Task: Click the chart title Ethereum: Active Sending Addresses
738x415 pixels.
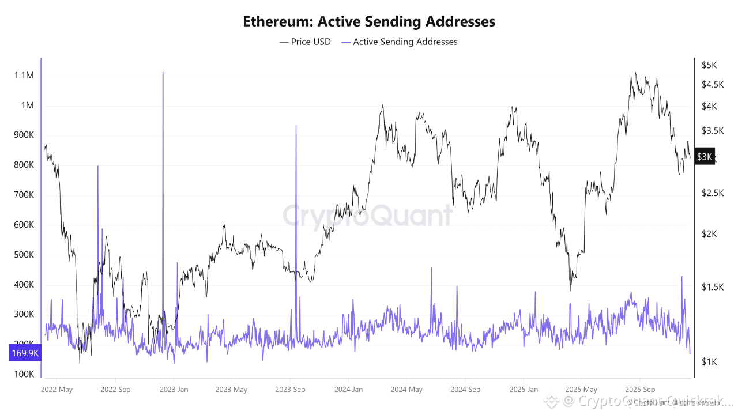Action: (x=369, y=21)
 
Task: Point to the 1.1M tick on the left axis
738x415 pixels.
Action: (x=24, y=76)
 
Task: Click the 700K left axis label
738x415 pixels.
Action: (x=24, y=195)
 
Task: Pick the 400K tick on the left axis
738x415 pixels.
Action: (x=24, y=285)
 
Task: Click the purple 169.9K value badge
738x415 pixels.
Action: (x=25, y=353)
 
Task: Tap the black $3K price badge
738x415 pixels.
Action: (x=705, y=156)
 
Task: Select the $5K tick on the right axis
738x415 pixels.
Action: (x=709, y=65)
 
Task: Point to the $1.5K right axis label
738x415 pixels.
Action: (x=713, y=286)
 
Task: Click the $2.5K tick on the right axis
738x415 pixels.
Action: (x=713, y=193)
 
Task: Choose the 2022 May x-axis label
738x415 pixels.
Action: (x=57, y=390)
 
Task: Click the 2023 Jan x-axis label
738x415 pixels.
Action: (x=174, y=390)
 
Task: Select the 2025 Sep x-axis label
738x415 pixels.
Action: (x=640, y=390)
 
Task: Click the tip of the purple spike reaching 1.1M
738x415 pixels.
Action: (x=163, y=73)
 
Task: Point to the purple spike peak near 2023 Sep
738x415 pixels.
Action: (x=296, y=125)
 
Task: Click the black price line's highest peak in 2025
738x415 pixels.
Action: (x=635, y=73)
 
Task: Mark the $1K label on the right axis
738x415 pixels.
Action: (x=709, y=361)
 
